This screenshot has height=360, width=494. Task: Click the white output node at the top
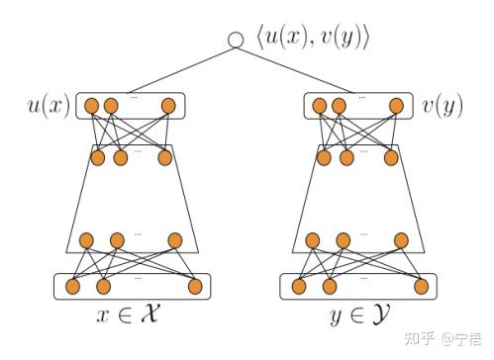tap(236, 40)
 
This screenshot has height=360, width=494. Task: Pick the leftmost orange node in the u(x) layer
tap(92, 105)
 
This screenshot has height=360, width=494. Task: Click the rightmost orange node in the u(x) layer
tap(168, 105)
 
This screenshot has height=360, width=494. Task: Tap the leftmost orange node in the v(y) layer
tap(319, 105)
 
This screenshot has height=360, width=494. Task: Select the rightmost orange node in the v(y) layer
tap(396, 105)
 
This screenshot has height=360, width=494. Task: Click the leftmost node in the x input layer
tap(71, 287)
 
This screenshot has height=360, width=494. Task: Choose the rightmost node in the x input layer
tap(195, 287)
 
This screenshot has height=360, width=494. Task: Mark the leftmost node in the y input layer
tap(298, 287)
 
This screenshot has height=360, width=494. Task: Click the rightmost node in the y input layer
tap(422, 287)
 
